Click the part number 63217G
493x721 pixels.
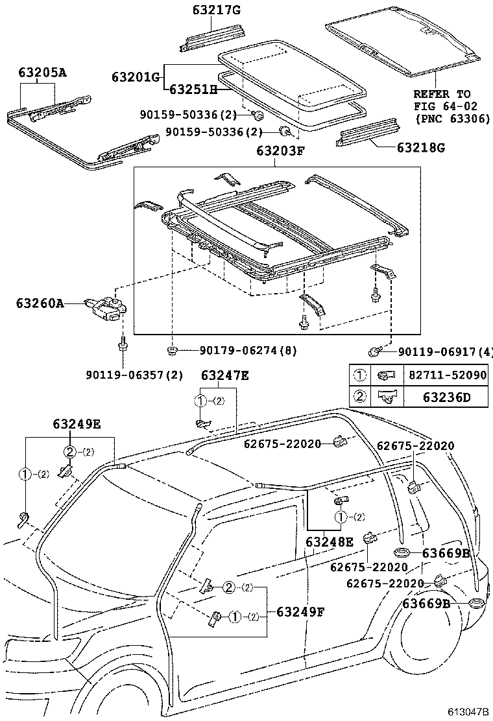[x=216, y=10]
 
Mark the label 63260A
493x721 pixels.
[x=40, y=303]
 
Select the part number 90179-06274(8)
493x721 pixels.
[x=248, y=351]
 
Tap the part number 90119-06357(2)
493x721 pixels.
[x=134, y=375]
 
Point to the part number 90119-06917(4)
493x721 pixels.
[x=445, y=351]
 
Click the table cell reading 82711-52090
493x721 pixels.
[x=446, y=376]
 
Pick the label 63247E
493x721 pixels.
[x=224, y=375]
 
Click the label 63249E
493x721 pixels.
[x=77, y=423]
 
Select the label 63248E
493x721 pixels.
[x=330, y=541]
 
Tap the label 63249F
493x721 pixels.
[x=300, y=611]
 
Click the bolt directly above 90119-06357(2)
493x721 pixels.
[x=122, y=346]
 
